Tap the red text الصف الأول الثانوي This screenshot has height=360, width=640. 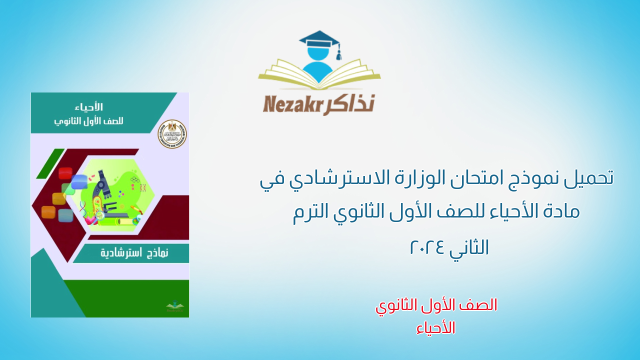pos(436,305)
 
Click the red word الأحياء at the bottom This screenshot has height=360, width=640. pos(436,327)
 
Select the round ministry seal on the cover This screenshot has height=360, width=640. pos(172,134)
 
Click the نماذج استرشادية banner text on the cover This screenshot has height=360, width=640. pos(134,253)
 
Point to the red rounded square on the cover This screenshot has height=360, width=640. pos(65,173)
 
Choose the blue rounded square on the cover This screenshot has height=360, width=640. pos(79,182)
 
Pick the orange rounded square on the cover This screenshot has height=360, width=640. pos(48,212)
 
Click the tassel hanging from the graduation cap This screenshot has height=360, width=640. pos(338,52)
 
